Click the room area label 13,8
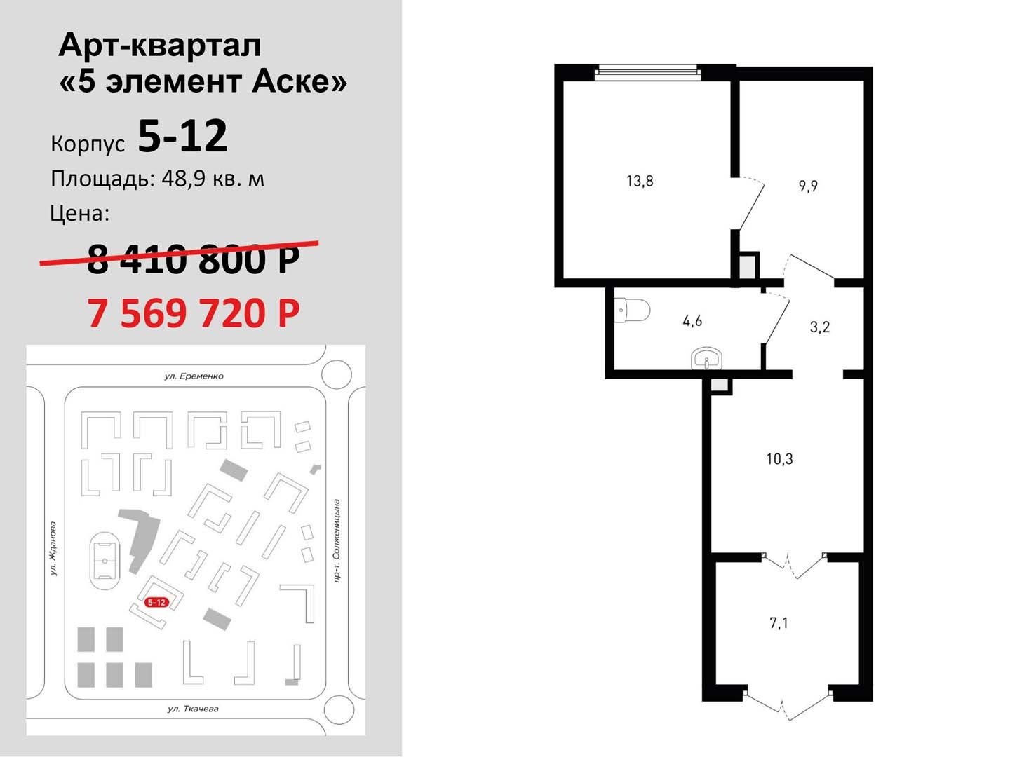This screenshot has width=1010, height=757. click(x=640, y=181)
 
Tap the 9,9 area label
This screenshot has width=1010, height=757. click(x=807, y=186)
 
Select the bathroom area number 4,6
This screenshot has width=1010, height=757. click(x=692, y=321)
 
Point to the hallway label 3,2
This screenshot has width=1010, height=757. click(x=819, y=327)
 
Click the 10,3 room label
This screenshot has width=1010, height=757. click(x=779, y=459)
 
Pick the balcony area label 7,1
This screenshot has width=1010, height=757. click(x=779, y=623)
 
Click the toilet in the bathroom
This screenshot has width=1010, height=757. click(x=631, y=311)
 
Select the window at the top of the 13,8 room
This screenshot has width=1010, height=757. click(x=647, y=72)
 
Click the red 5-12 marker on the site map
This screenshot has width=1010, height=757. click(x=156, y=602)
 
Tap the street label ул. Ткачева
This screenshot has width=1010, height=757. click(x=193, y=709)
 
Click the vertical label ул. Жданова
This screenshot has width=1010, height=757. click(x=53, y=548)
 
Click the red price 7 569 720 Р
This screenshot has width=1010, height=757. click(x=194, y=313)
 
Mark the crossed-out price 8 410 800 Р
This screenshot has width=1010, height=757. click(x=194, y=259)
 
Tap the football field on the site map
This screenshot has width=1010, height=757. click(x=105, y=561)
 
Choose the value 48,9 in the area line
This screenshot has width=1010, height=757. click(x=184, y=179)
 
